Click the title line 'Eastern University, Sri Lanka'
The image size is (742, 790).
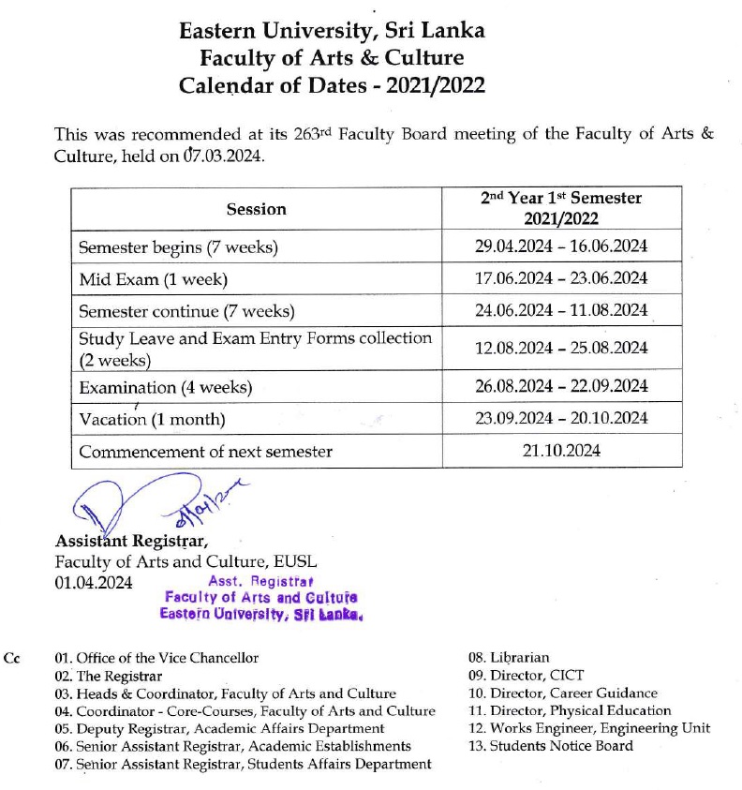[333, 30]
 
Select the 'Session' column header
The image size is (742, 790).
[256, 209]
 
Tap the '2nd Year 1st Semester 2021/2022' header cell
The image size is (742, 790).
[561, 208]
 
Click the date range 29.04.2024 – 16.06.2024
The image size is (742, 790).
[561, 248]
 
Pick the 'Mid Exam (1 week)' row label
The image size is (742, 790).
[154, 279]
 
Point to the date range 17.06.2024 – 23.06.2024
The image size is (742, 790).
[561, 278]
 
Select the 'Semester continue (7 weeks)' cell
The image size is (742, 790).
[186, 310]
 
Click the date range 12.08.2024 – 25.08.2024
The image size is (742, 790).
[561, 348]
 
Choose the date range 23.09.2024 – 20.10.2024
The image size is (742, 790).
[561, 418]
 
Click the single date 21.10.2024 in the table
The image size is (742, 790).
[561, 451]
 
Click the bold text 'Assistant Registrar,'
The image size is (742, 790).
[132, 541]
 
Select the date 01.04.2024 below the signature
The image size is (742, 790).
[94, 582]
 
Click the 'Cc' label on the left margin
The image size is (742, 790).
[12, 659]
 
